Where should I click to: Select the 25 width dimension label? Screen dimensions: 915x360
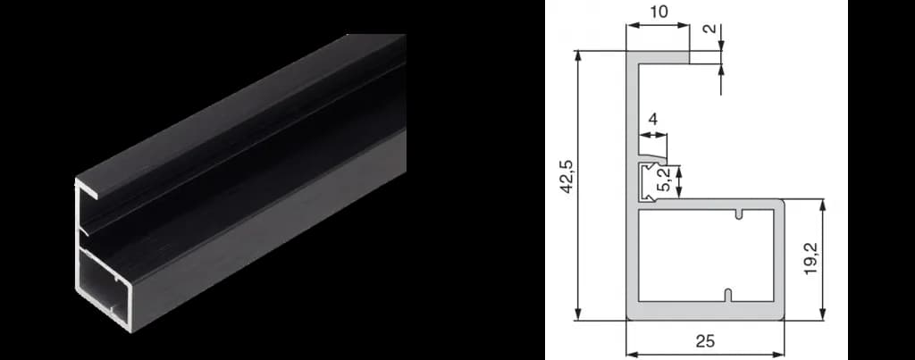[705, 341]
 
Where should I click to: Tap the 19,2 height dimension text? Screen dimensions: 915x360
[810, 259]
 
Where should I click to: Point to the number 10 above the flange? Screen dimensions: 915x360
[659, 13]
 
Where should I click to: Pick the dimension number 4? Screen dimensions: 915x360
[652, 120]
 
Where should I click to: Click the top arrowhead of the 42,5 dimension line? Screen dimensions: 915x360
[578, 56]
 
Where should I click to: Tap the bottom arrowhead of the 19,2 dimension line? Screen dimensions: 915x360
[822, 314]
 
